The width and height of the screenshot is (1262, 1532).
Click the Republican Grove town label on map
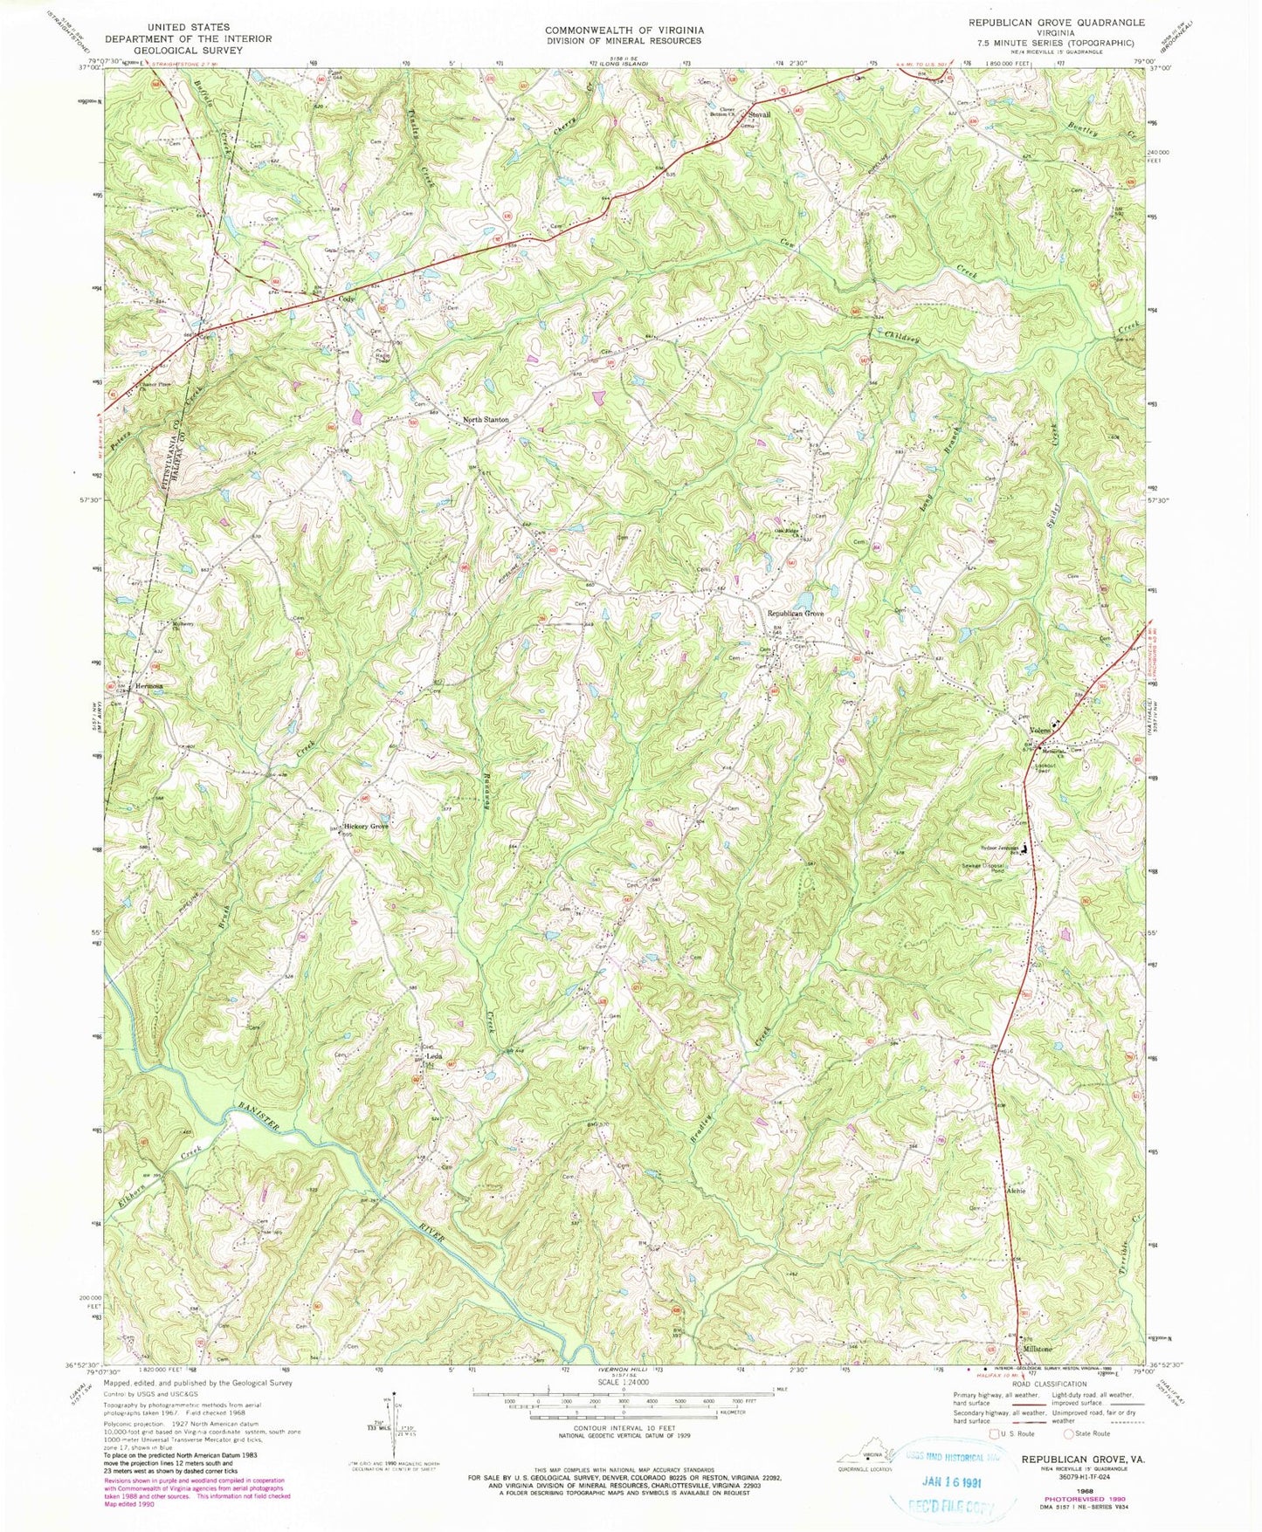pyautogui.click(x=795, y=614)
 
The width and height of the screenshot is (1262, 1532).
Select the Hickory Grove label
pyautogui.click(x=365, y=826)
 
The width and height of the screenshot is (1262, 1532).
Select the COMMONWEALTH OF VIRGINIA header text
pyautogui.click(x=624, y=30)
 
